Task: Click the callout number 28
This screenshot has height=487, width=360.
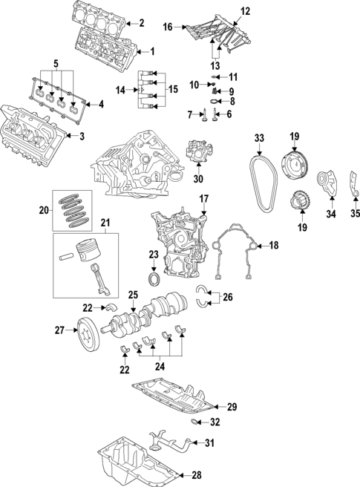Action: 197,476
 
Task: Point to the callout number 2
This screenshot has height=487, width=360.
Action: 142,23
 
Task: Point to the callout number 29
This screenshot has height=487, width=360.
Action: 232,406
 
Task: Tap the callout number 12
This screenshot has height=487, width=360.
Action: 225,10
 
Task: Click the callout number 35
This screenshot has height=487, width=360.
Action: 354,215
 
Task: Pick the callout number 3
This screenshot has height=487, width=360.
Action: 82,135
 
